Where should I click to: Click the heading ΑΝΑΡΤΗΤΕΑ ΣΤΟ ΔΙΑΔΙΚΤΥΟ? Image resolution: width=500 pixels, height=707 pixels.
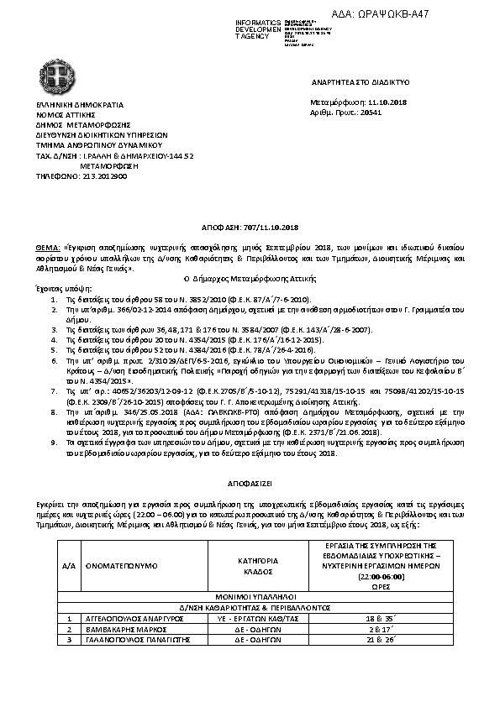point(360,84)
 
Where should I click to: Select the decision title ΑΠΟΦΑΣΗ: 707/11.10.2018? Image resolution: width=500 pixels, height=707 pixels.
point(250,228)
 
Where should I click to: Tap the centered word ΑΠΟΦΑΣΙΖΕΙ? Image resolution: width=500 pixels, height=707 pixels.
point(250,485)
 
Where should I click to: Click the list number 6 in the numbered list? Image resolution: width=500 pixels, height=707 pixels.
point(54,358)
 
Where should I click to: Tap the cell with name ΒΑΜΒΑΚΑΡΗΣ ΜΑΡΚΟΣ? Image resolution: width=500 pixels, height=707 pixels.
point(113,628)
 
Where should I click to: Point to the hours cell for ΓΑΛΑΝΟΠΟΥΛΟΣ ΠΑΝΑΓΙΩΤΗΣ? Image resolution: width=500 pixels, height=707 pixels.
point(374,639)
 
